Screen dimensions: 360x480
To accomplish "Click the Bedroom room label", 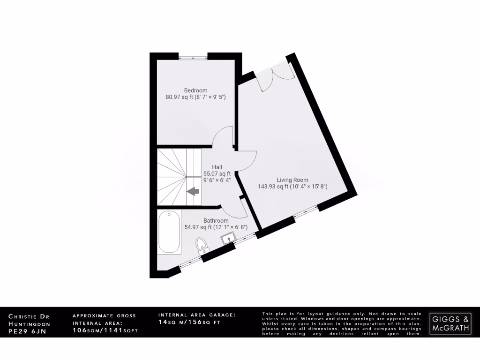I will pyautogui.click(x=195, y=90).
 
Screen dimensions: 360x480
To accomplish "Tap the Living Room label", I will pyautogui.click(x=292, y=180).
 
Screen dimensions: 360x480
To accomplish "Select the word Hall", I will pyautogui.click(x=217, y=167).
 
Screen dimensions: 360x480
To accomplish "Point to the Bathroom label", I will pyautogui.click(x=216, y=220).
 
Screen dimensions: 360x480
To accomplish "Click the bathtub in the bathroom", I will pyautogui.click(x=169, y=232).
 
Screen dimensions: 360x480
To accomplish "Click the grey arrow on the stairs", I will pyautogui.click(x=193, y=191).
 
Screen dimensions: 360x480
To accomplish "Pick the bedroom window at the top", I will pyautogui.click(x=193, y=57).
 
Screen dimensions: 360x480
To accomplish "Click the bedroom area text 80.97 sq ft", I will pyautogui.click(x=178, y=97).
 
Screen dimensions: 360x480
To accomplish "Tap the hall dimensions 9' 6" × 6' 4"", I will pyautogui.click(x=217, y=180).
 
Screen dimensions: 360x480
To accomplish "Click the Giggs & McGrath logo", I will pyautogui.click(x=450, y=323).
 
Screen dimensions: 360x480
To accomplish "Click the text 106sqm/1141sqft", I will pyautogui.click(x=105, y=330).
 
